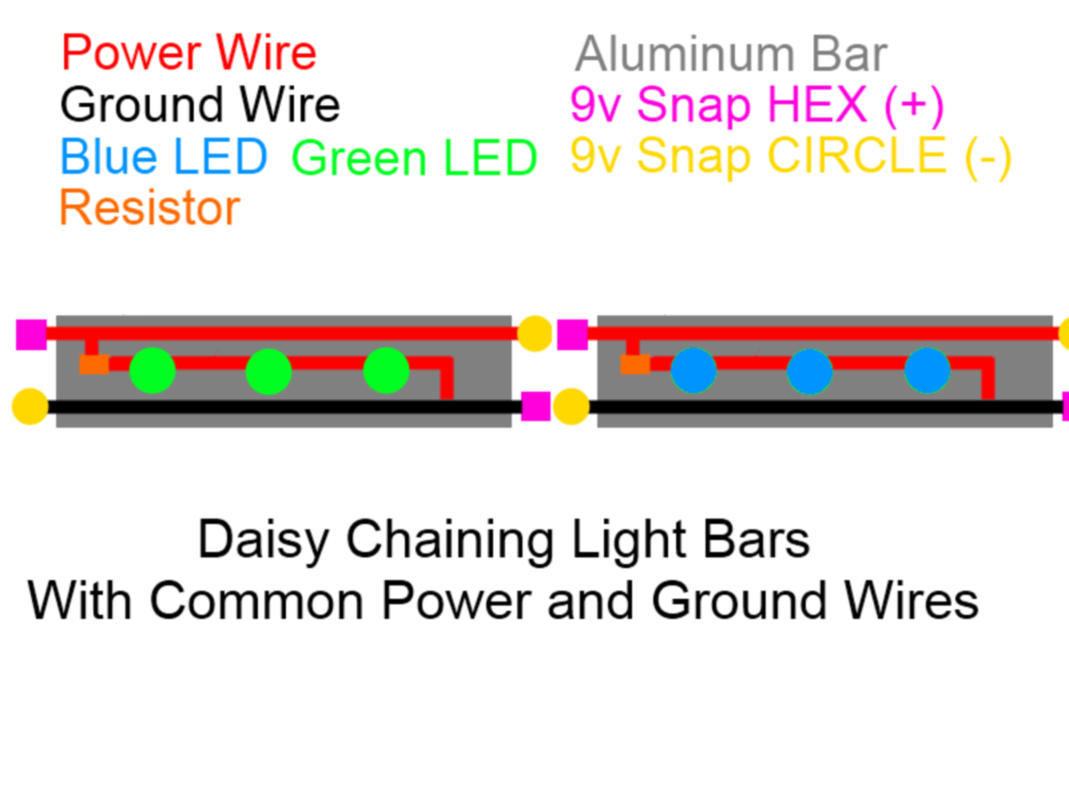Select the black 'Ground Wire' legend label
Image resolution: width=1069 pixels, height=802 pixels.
pyautogui.click(x=200, y=105)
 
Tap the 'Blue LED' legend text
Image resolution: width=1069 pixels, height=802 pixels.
pyautogui.click(x=164, y=156)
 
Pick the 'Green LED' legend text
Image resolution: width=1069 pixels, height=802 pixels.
pyautogui.click(x=414, y=158)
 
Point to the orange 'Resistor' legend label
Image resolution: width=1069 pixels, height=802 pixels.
pyautogui.click(x=150, y=208)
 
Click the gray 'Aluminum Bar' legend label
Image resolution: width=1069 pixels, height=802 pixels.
pyautogui.click(x=731, y=54)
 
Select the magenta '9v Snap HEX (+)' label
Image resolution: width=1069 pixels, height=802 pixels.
pyautogui.click(x=756, y=106)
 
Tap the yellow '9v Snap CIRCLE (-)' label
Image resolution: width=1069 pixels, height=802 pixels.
pyautogui.click(x=790, y=157)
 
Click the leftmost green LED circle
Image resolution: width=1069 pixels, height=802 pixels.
pyautogui.click(x=152, y=370)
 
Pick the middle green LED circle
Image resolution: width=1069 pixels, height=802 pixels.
pyautogui.click(x=269, y=370)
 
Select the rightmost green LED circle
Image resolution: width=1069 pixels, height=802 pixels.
pyautogui.click(x=386, y=370)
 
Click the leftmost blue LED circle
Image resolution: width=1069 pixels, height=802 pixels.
pyautogui.click(x=694, y=370)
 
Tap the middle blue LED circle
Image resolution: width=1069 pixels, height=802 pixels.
pyautogui.click(x=810, y=370)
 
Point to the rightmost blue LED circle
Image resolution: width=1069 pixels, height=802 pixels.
pyautogui.click(x=927, y=370)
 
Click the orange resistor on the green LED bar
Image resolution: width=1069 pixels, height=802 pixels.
pyautogui.click(x=94, y=364)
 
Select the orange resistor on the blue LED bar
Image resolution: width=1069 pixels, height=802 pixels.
pyautogui.click(x=635, y=364)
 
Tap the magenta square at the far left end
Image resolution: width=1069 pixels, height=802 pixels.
pyautogui.click(x=31, y=335)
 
